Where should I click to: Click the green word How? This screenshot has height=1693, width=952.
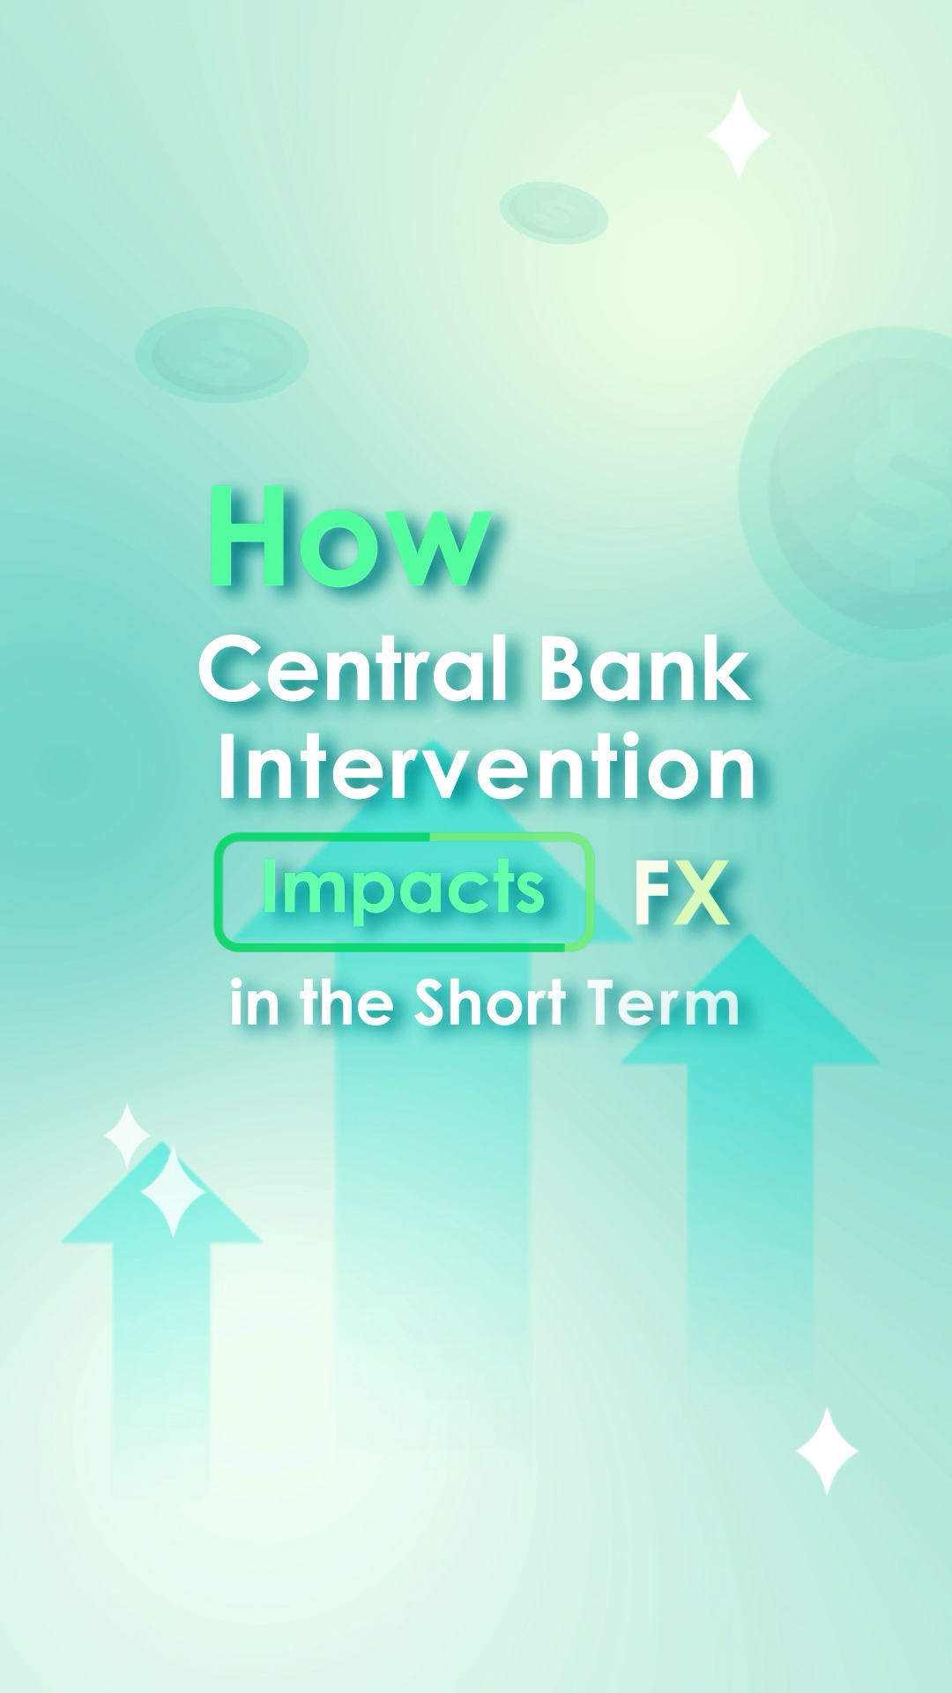pyautogui.click(x=350, y=537)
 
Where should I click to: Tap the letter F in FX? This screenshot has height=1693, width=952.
pyautogui.click(x=652, y=892)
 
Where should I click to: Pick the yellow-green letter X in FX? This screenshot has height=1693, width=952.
pyautogui.click(x=702, y=892)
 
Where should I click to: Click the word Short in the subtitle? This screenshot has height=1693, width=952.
pyautogui.click(x=490, y=1003)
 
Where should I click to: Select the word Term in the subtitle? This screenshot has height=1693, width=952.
pyautogui.click(x=664, y=1003)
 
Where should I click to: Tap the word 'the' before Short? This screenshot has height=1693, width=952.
pyautogui.click(x=346, y=1003)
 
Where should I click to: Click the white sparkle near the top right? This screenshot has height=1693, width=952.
pyautogui.click(x=739, y=135)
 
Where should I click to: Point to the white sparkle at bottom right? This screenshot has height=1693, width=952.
pyautogui.click(x=827, y=1451)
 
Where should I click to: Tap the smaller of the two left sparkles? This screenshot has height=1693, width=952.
pyautogui.click(x=128, y=1136)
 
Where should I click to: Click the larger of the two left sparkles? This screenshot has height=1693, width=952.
pyautogui.click(x=174, y=1191)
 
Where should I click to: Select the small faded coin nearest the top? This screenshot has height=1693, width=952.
pyautogui.click(x=554, y=213)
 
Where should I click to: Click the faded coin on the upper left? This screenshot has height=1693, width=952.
pyautogui.click(x=221, y=354)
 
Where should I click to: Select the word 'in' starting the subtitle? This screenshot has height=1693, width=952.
pyautogui.click(x=255, y=1004)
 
